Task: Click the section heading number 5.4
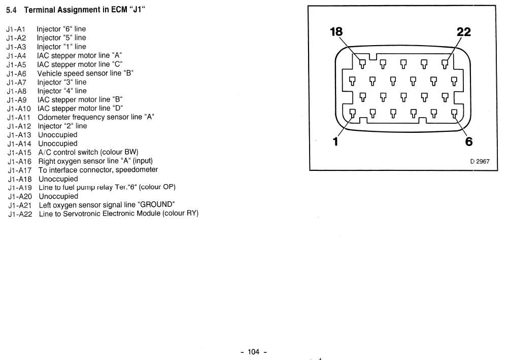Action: coord(11,10)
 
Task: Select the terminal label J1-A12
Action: coord(19,126)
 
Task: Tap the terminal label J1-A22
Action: coord(20,214)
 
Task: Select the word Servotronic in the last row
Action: coord(82,214)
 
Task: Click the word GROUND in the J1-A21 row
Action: coord(156,205)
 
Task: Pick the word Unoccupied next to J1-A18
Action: coord(58,179)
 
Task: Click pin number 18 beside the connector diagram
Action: coord(336,32)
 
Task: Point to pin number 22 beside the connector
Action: coord(463,32)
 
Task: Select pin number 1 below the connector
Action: coord(335,141)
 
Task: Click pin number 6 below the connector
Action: coord(469,141)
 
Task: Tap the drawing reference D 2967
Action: coord(480,162)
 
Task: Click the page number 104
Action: coord(254,352)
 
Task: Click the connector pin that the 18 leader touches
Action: coord(363,63)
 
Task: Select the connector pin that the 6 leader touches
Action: coord(454,114)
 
